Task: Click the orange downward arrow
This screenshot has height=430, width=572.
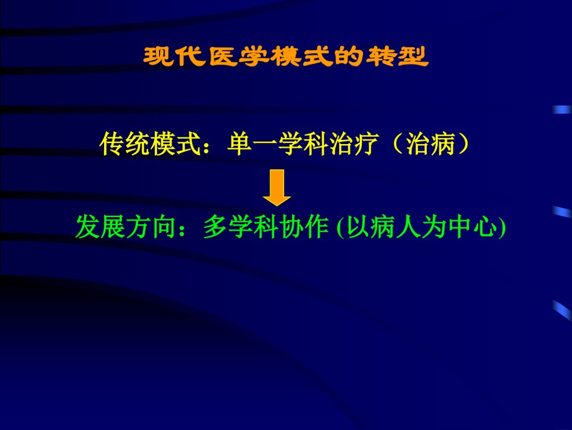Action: [277, 188]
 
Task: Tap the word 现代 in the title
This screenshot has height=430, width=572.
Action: [173, 57]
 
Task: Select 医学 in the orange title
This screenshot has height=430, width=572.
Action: [239, 57]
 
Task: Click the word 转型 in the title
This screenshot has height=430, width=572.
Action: [397, 57]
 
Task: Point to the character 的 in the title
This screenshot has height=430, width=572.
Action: [349, 57]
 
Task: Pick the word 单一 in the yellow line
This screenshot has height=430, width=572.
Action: [252, 144]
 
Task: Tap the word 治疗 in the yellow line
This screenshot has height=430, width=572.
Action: [353, 144]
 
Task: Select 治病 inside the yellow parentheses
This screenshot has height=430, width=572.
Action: [431, 144]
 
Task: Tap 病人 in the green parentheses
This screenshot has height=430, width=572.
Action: [395, 227]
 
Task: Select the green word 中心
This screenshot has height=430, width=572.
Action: [473, 227]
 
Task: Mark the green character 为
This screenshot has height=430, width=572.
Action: [434, 227]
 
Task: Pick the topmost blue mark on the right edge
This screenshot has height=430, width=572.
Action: [562, 110]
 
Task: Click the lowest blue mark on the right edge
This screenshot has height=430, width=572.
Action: [562, 310]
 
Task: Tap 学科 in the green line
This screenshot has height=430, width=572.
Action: [254, 227]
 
